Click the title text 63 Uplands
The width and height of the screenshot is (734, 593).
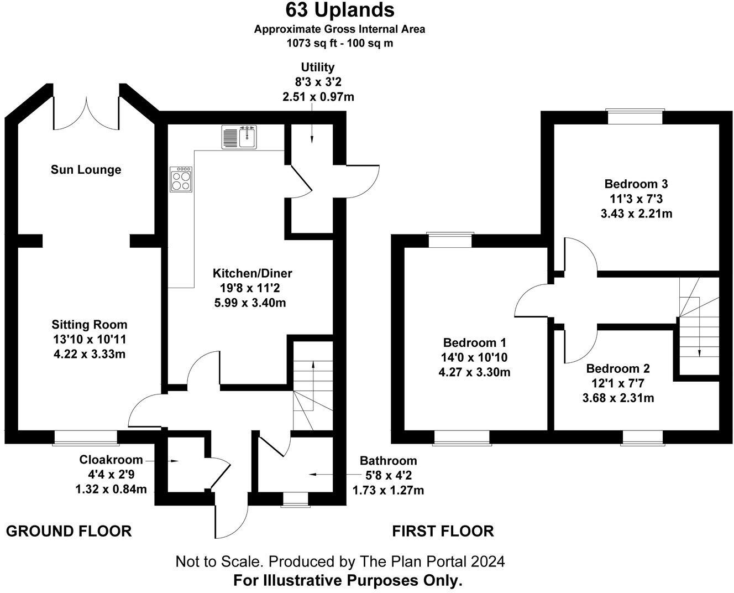[x=339, y=10]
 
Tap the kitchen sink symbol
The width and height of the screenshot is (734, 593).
[x=240, y=137]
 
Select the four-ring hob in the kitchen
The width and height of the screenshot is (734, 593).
[x=181, y=179]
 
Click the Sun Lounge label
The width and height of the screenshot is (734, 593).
[x=86, y=170]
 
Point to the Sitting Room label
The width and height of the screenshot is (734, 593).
[x=90, y=325]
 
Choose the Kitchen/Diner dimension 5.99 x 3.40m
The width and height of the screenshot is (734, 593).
[x=252, y=303]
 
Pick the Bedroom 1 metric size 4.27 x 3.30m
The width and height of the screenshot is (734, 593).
[x=474, y=372]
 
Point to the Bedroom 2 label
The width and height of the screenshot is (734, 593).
[x=618, y=368]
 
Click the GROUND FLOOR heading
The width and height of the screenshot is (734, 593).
[x=69, y=532]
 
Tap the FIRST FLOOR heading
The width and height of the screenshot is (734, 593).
[x=443, y=532]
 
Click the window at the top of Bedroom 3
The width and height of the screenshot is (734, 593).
[x=635, y=117]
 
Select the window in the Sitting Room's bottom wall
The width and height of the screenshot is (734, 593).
[x=86, y=438]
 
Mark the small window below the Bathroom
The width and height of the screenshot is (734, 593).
[x=294, y=499]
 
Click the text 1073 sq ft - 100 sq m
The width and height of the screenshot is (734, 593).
[x=339, y=43]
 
